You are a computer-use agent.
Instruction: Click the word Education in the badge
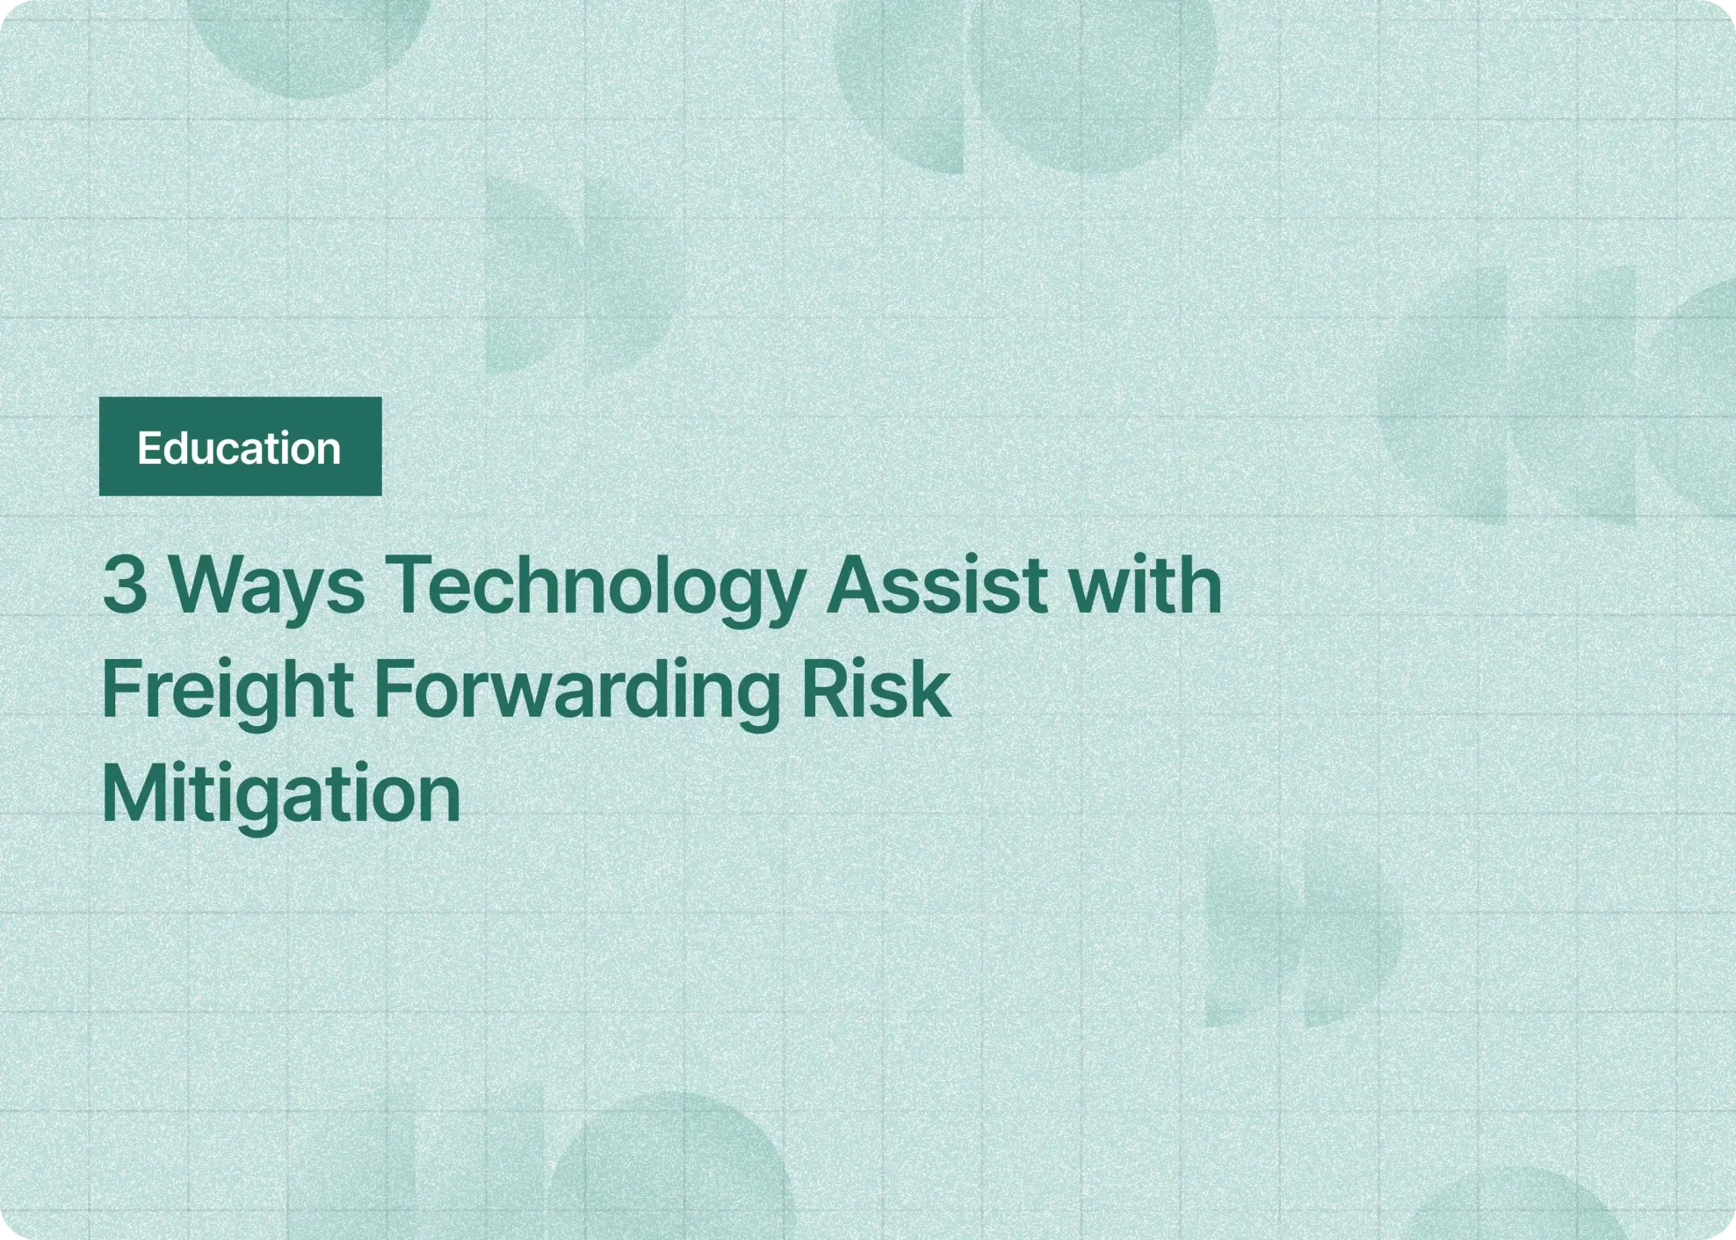click(x=239, y=448)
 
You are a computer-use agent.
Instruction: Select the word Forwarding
click(x=575, y=692)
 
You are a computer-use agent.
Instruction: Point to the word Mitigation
click(x=281, y=794)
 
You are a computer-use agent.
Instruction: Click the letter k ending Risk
click(x=932, y=690)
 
